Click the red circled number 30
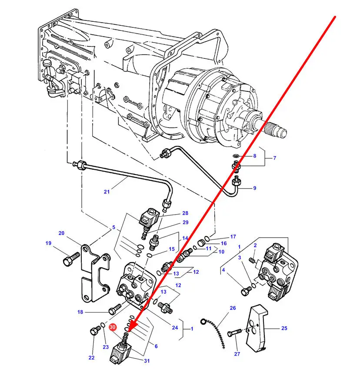point(113,327)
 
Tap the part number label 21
point(107,192)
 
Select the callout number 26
point(233,308)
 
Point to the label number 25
point(284,328)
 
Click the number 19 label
point(48,243)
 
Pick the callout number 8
point(255,156)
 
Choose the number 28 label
point(185,213)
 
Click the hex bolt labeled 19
point(71,259)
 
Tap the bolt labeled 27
point(234,333)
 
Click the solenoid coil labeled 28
point(149,218)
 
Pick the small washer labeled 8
point(236,156)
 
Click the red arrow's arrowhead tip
point(128,332)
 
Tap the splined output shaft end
point(276,130)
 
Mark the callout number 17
point(233,236)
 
